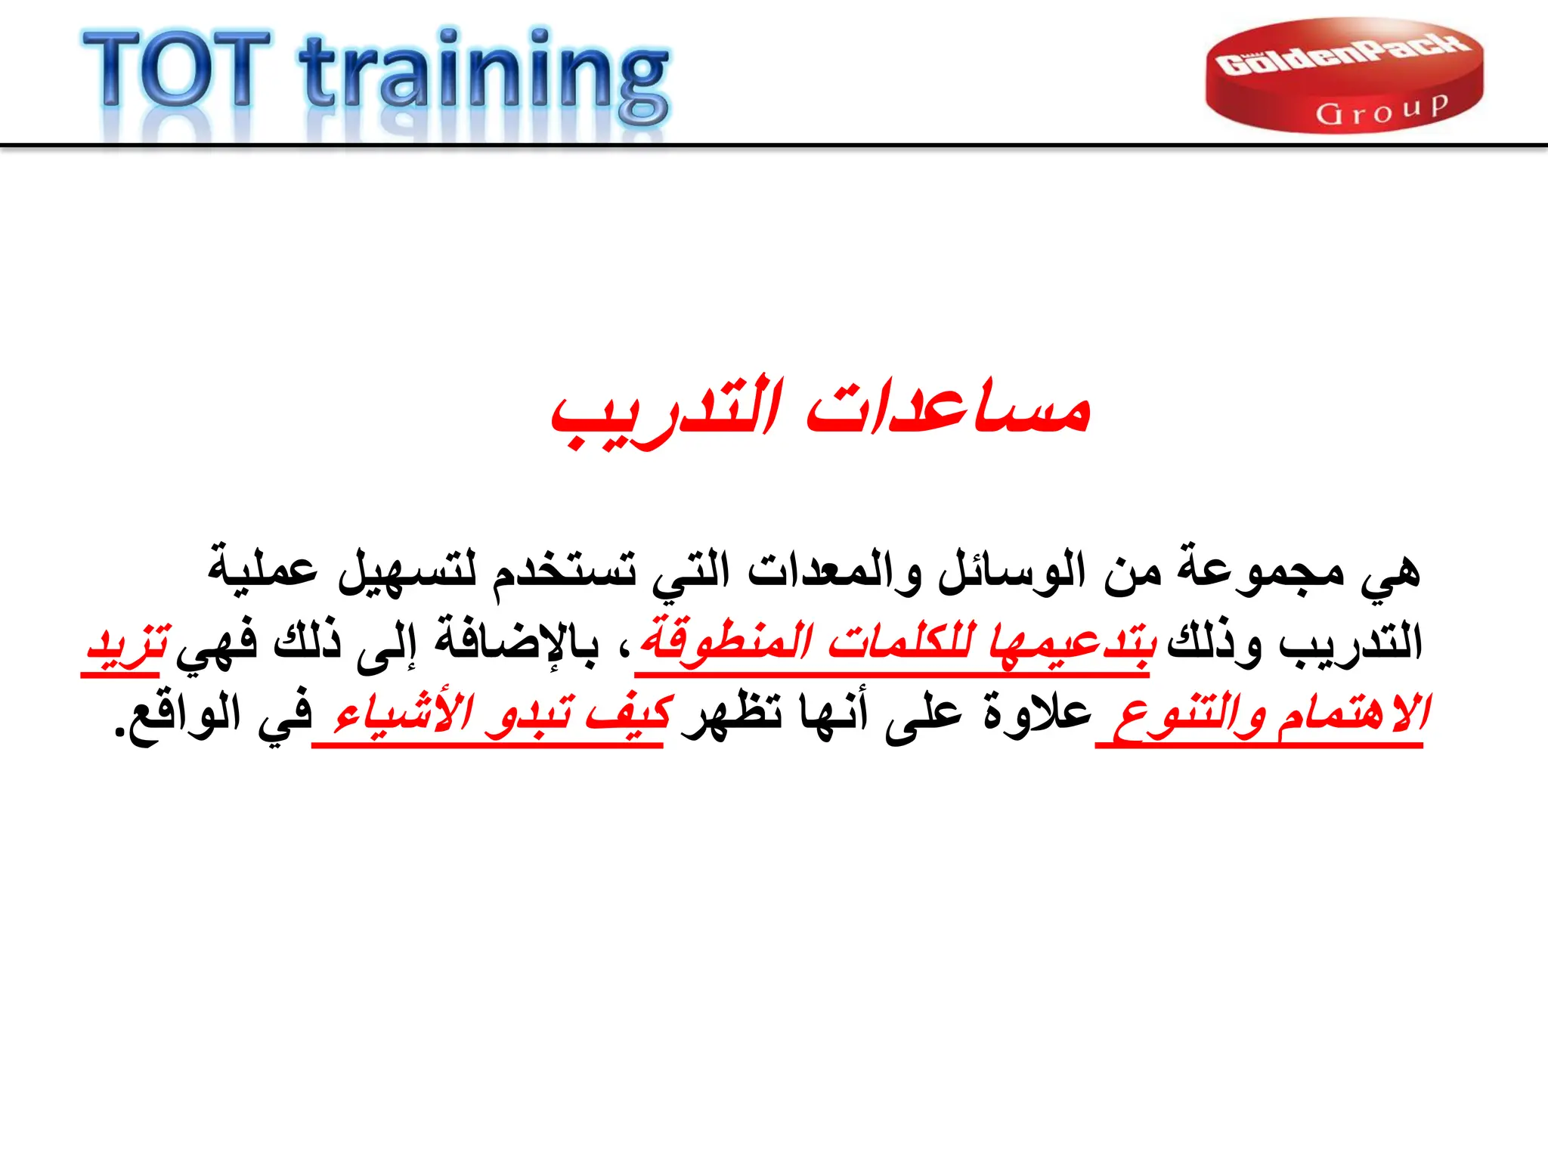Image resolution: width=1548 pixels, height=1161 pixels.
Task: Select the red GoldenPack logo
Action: click(x=1344, y=76)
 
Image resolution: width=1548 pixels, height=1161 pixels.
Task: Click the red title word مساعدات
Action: click(x=948, y=412)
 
